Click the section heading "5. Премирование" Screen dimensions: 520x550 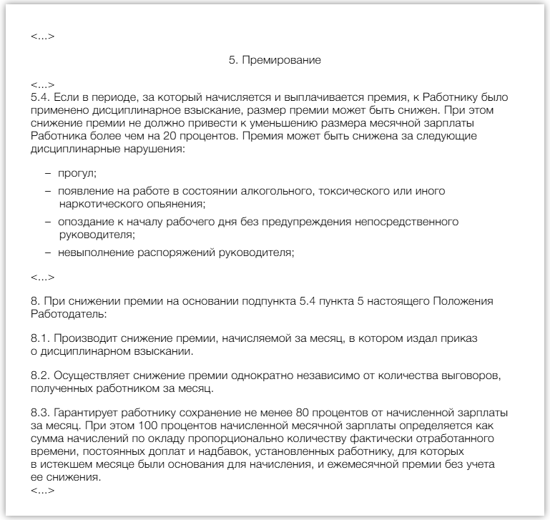point(275,61)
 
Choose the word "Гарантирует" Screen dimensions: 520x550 point(82,413)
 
